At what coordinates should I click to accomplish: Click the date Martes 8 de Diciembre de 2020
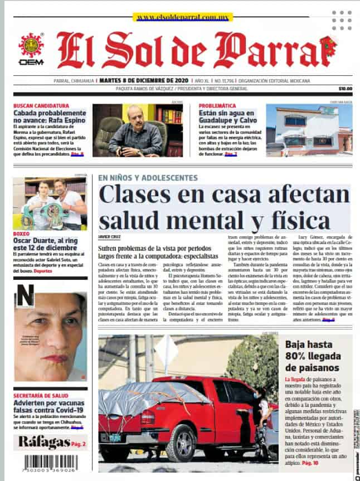(x=143, y=79)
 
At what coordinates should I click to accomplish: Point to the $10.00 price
(x=345, y=88)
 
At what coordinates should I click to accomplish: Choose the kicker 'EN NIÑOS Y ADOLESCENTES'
(x=148, y=178)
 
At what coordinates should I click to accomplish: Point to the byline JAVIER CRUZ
(x=109, y=237)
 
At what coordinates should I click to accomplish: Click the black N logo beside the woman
(x=25, y=296)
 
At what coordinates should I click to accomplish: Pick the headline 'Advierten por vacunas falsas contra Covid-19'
(x=50, y=406)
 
